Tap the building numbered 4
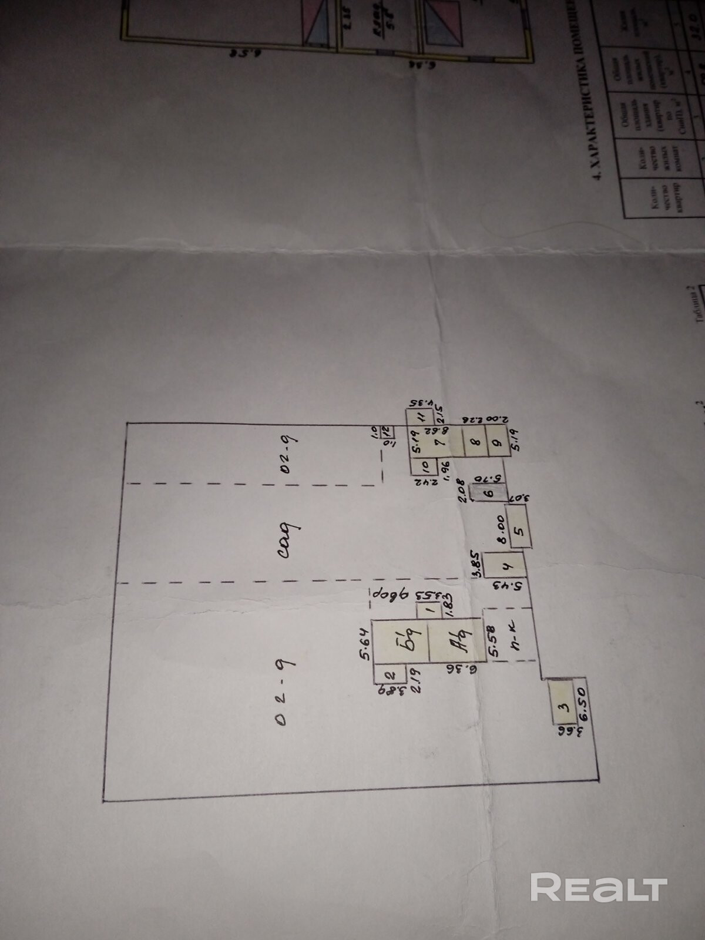(x=506, y=567)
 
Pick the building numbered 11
(x=422, y=418)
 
